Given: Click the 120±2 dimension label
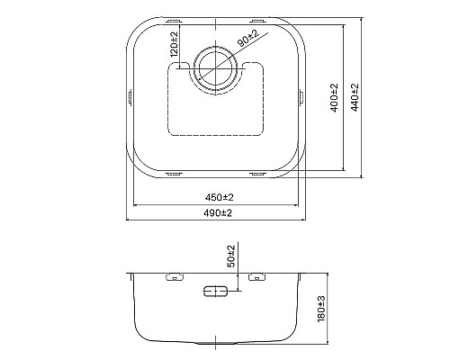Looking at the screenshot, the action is [174, 45].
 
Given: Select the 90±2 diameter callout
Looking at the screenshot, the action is [248, 39].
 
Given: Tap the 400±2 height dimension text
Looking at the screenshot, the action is [335, 98].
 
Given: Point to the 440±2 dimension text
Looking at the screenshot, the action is [355, 98].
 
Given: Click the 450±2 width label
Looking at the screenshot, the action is [220, 197].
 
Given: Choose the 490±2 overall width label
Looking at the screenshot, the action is [218, 213].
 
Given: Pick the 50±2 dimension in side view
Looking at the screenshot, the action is [231, 256].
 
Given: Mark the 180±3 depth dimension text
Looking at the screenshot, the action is [321, 309].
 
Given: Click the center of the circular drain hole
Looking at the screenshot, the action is [216, 69].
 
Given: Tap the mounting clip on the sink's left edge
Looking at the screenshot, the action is [130, 97].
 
